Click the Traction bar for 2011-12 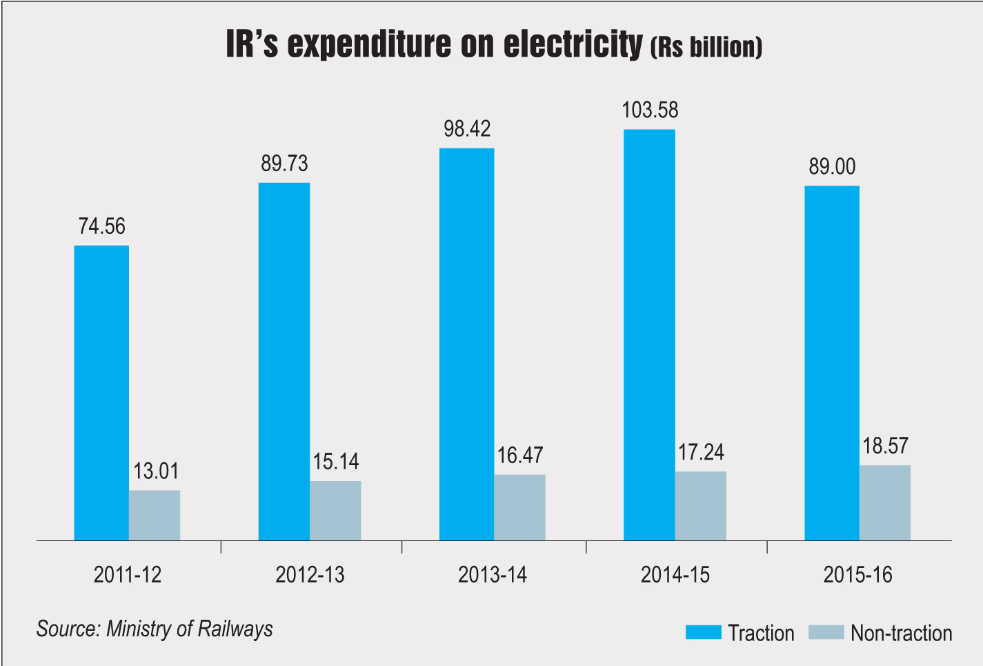[x=101, y=393]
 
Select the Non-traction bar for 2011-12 [x=155, y=515]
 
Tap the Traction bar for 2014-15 [x=649, y=335]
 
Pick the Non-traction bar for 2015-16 [x=884, y=502]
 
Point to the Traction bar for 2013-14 [x=466, y=344]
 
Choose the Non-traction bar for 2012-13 [x=335, y=510]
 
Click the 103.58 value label [x=650, y=110]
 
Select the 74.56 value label [x=102, y=226]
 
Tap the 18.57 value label [x=885, y=447]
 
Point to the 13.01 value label [x=156, y=471]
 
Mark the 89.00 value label [x=832, y=167]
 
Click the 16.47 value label [x=519, y=456]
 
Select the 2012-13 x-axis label [x=310, y=575]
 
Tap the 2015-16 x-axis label [x=857, y=575]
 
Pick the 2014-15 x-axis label [x=675, y=575]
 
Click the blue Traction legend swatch [x=703, y=632]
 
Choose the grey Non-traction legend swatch [x=825, y=632]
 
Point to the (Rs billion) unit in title [x=706, y=47]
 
